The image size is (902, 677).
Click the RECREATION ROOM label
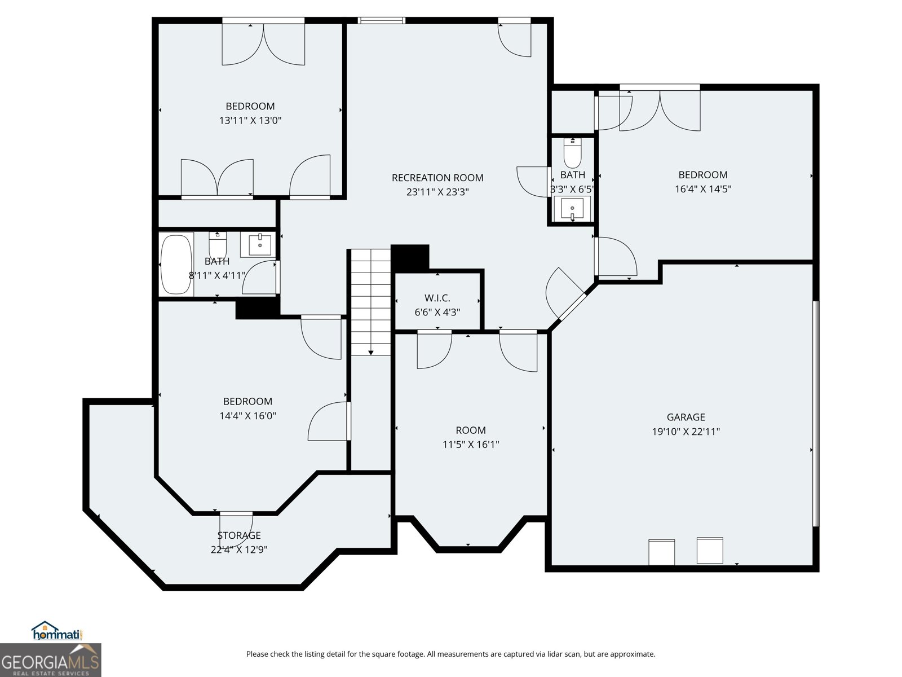point(437,178)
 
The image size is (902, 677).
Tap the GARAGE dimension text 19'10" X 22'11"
point(686,432)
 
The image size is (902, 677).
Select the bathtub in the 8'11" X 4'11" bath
point(176,263)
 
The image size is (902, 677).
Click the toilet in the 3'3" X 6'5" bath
point(572,151)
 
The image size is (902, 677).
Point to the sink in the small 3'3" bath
point(572,209)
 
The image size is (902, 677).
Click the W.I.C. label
point(437,298)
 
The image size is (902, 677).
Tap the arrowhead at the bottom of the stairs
point(371,352)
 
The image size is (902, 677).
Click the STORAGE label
point(239,535)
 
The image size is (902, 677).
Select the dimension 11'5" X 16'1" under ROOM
point(471,444)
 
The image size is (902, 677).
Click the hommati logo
point(58,631)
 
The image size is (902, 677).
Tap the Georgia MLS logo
point(51,660)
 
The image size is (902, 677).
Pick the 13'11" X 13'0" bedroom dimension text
point(250,120)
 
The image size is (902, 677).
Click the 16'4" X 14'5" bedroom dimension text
point(703,189)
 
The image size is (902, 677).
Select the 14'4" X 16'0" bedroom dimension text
point(247,416)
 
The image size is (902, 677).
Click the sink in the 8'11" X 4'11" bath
point(259,244)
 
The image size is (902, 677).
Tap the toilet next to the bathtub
point(218,245)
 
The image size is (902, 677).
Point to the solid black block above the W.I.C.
point(410,257)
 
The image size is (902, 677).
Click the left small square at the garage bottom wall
point(661,552)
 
